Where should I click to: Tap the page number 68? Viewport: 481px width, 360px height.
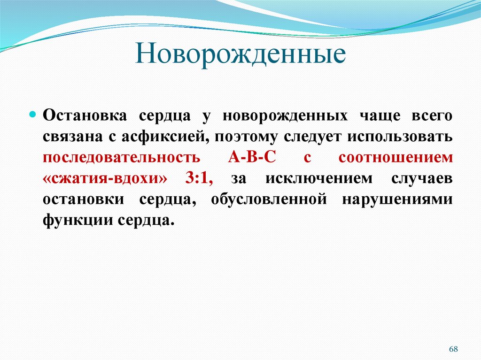click(453, 349)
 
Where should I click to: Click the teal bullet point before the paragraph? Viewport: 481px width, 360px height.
click(33, 115)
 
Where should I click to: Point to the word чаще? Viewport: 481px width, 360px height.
click(379, 115)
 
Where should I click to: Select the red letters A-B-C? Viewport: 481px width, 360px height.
click(252, 158)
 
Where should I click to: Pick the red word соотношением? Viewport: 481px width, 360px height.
click(396, 158)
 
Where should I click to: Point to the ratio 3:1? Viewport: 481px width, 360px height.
click(199, 179)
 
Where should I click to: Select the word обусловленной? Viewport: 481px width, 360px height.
click(269, 199)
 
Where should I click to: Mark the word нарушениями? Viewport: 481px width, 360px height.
click(397, 199)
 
